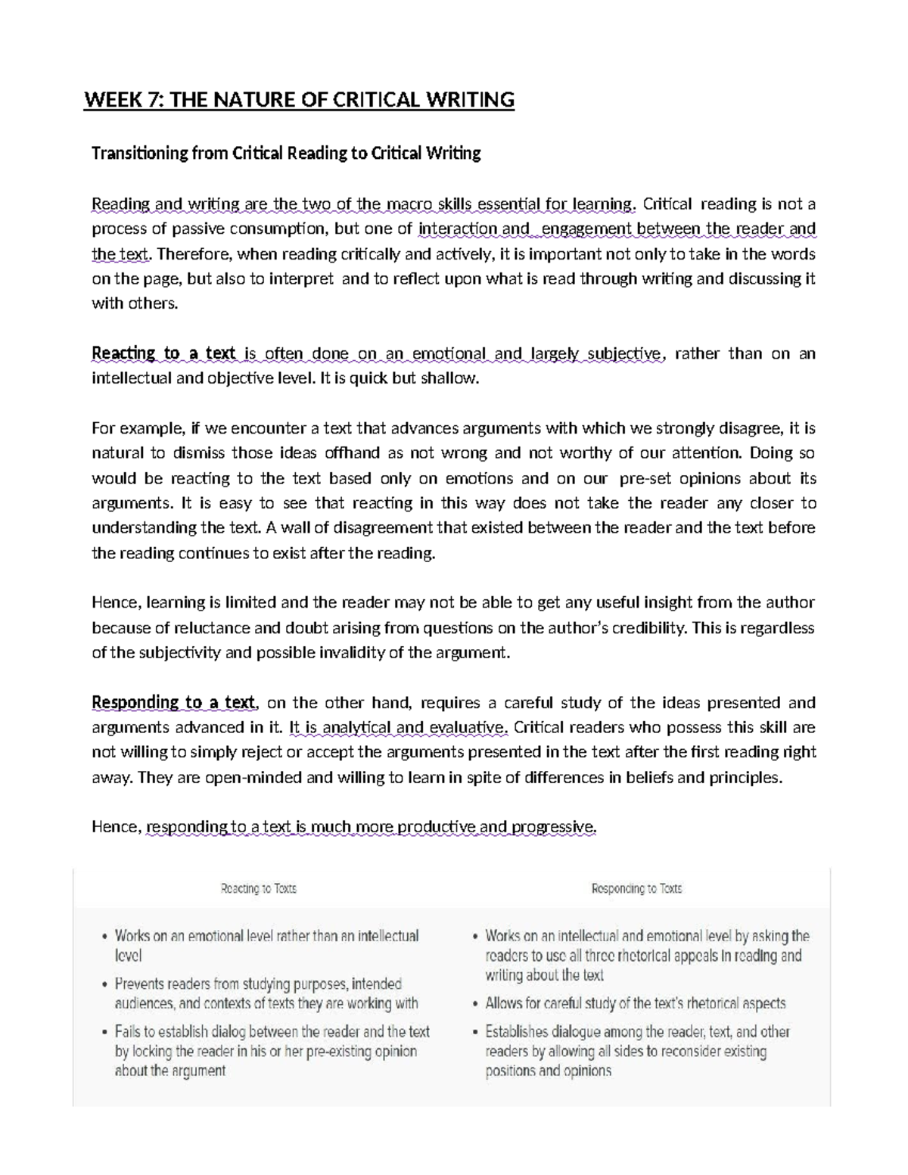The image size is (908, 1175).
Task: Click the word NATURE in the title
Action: pyautogui.click(x=254, y=100)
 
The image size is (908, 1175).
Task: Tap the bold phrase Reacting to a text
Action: pyautogui.click(x=163, y=353)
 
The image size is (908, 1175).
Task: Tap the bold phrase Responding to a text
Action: pyautogui.click(x=173, y=702)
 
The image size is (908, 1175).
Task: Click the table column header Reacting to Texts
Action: pyautogui.click(x=258, y=889)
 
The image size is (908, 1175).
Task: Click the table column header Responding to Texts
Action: pyautogui.click(x=636, y=889)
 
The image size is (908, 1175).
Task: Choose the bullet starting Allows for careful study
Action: pyautogui.click(x=635, y=1004)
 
